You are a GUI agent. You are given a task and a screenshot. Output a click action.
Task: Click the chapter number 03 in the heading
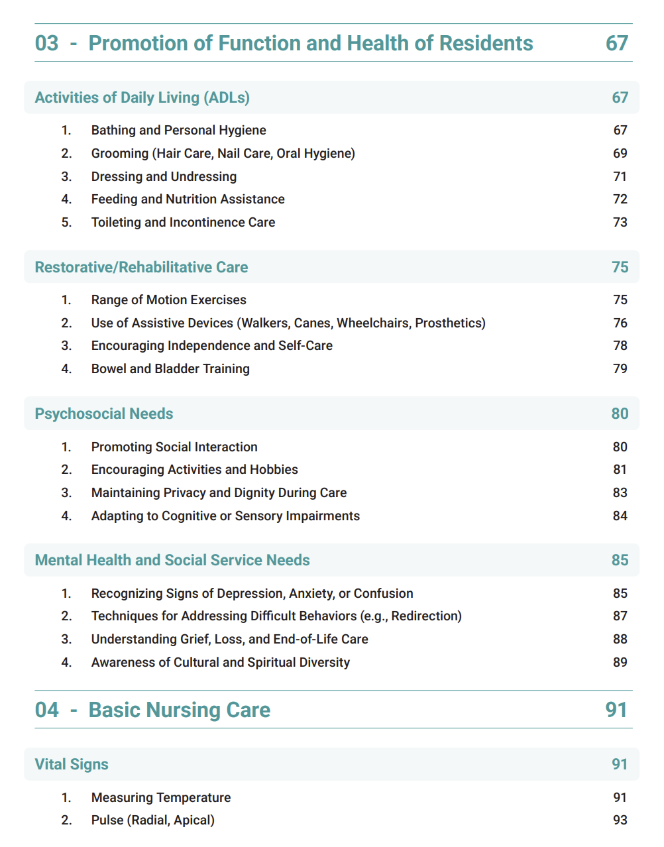pyautogui.click(x=46, y=43)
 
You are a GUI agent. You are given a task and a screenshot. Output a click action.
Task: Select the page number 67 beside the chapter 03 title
pyautogui.click(x=616, y=43)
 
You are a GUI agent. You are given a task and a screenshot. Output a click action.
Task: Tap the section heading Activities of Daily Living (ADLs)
pyautogui.click(x=142, y=97)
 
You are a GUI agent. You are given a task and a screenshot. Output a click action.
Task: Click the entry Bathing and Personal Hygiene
pyautogui.click(x=178, y=131)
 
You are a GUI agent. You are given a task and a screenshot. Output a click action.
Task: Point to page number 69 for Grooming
pyautogui.click(x=620, y=154)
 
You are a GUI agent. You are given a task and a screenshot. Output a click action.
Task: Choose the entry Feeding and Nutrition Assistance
pyautogui.click(x=188, y=199)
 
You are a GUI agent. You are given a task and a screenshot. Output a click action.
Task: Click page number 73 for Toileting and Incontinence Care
pyautogui.click(x=620, y=223)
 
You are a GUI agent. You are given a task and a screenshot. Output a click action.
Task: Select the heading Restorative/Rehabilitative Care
pyautogui.click(x=141, y=267)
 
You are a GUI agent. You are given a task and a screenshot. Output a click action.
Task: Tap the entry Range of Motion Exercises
pyautogui.click(x=168, y=300)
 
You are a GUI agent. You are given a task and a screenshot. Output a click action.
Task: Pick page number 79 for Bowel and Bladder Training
pyautogui.click(x=620, y=369)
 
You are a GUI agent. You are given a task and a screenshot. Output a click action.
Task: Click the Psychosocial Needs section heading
pyautogui.click(x=104, y=414)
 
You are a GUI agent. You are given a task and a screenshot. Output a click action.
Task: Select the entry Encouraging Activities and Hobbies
pyautogui.click(x=194, y=470)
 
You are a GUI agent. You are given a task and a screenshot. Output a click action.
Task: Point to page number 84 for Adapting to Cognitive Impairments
pyautogui.click(x=620, y=516)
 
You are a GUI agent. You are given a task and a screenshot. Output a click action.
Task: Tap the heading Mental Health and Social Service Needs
pyautogui.click(x=172, y=561)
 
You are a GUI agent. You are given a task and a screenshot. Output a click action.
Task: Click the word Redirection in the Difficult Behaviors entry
pyautogui.click(x=424, y=616)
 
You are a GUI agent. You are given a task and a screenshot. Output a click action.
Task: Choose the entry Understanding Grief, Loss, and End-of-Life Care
pyautogui.click(x=229, y=640)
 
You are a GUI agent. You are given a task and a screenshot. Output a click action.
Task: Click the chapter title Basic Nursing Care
pyautogui.click(x=179, y=710)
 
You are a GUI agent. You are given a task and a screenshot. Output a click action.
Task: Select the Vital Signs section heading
pyautogui.click(x=72, y=765)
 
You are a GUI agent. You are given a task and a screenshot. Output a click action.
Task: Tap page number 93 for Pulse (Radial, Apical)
pyautogui.click(x=620, y=820)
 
